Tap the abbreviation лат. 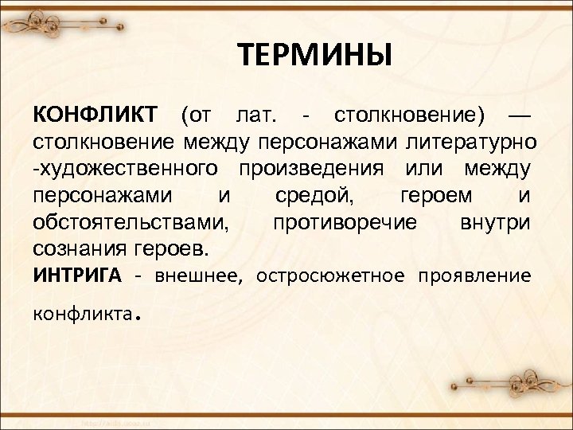tap(253, 116)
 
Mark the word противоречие tap(344, 221)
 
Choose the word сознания tap(76, 248)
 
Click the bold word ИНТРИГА tap(77, 276)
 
